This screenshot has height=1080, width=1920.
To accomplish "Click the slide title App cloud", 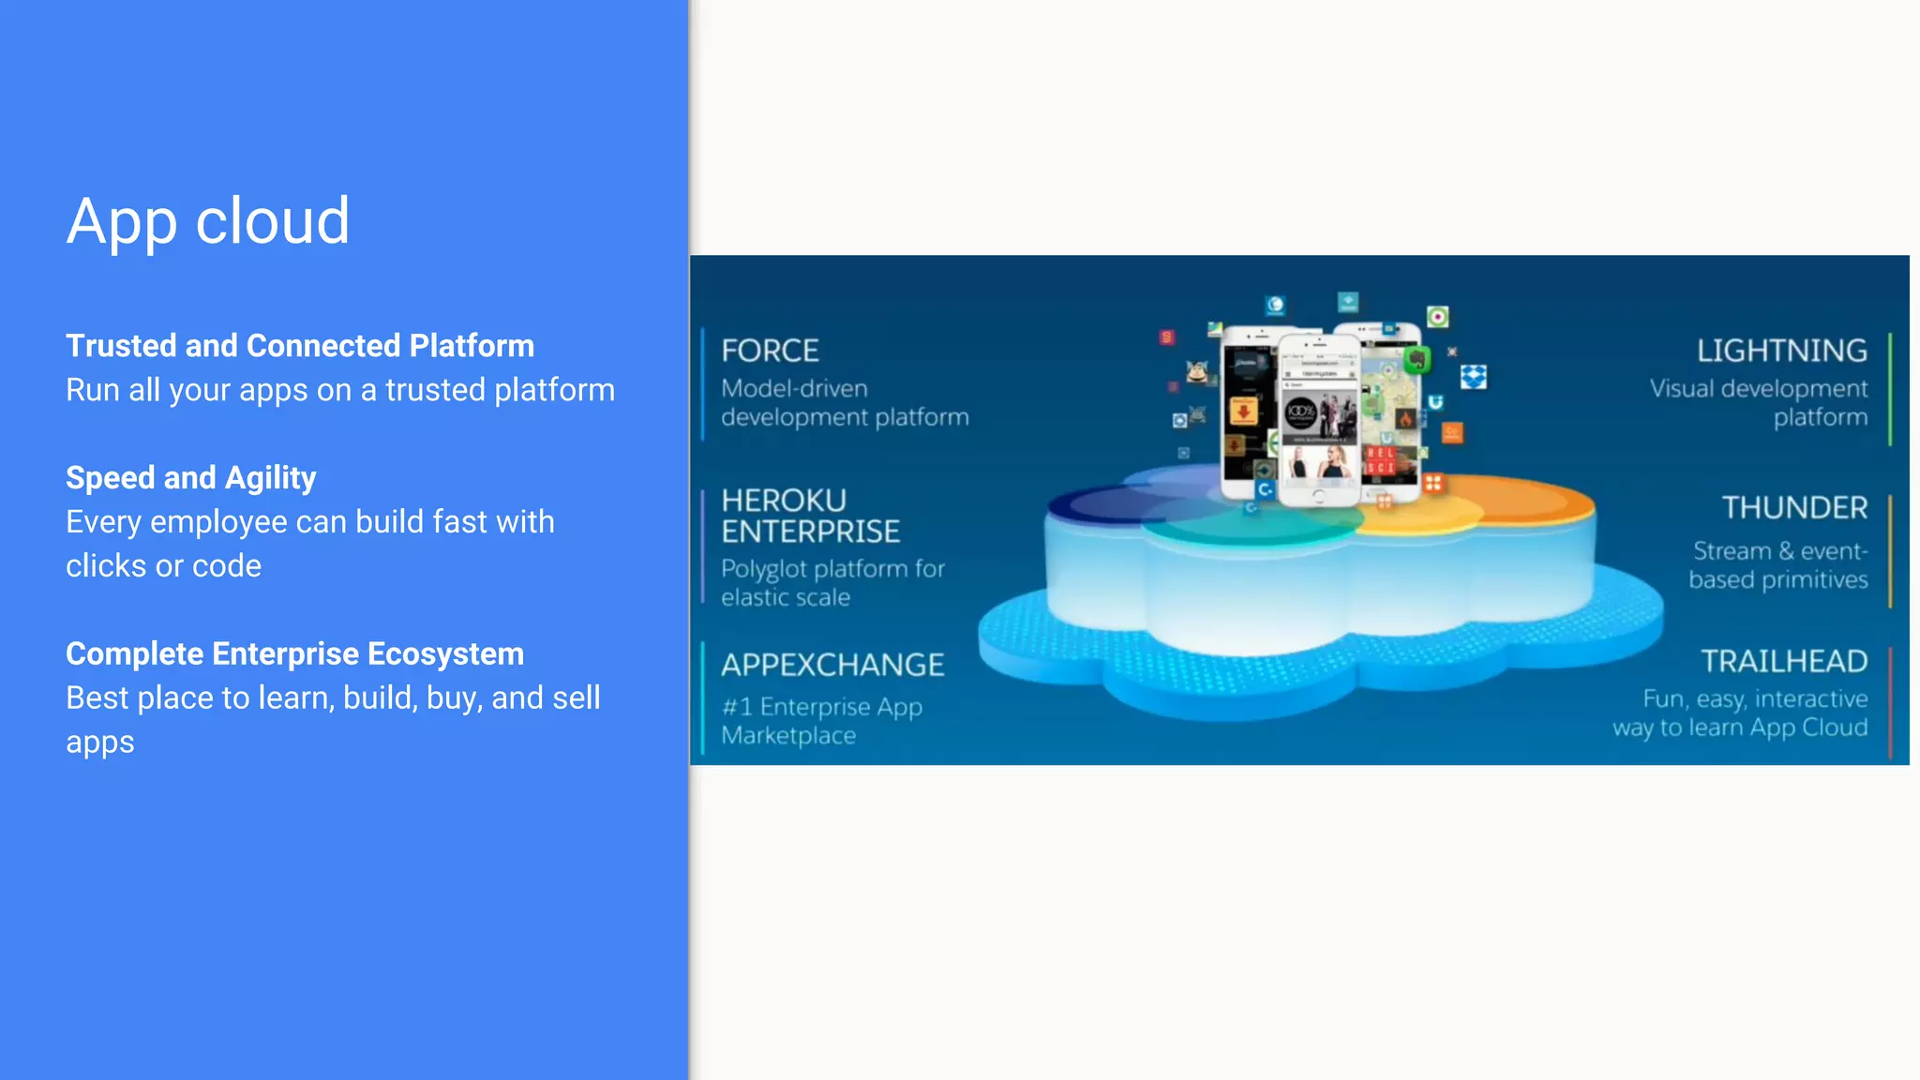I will (207, 221).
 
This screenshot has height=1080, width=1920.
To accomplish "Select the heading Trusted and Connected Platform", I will (300, 346).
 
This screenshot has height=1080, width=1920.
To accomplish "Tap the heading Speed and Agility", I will (190, 478).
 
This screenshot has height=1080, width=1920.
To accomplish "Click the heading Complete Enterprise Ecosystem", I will (294, 653).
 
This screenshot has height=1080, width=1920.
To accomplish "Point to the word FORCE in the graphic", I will (770, 351).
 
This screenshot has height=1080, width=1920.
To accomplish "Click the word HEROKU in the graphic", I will (784, 500).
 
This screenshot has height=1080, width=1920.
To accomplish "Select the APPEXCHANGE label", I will (832, 665).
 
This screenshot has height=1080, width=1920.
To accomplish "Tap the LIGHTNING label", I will (1781, 351).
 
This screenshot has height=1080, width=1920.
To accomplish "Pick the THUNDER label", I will (1794, 508).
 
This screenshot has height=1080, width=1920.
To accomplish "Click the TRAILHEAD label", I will (1784, 661).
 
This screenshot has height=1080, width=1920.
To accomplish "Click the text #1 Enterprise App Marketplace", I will (821, 721).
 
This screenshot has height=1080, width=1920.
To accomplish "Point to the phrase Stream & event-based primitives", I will (1778, 565).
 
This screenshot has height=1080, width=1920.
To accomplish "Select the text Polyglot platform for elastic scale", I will (832, 583).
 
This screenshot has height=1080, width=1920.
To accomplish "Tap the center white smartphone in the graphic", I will (1319, 422).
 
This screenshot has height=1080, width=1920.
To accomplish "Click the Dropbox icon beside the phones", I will (1473, 377).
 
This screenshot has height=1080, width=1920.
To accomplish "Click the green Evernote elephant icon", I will (1417, 359).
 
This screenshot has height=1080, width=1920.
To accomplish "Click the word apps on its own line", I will (100, 742).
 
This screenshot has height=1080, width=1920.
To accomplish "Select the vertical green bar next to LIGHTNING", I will (1889, 389).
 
